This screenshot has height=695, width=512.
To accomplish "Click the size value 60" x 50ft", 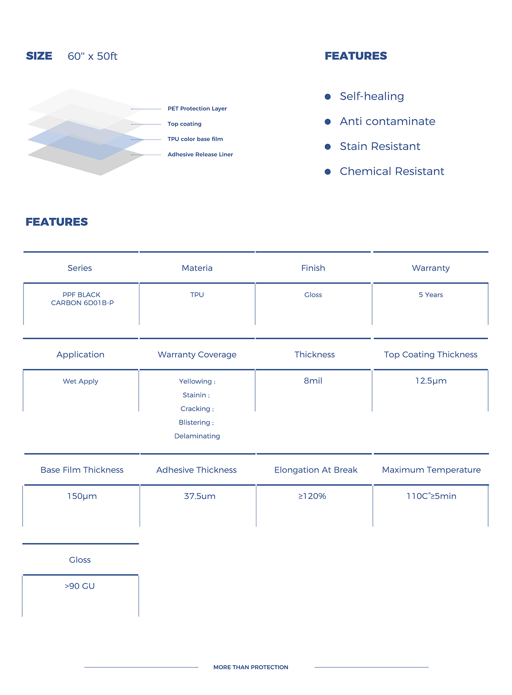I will tap(92, 56).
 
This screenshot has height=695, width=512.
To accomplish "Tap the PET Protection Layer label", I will tap(197, 109).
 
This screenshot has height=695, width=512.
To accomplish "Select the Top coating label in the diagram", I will tap(184, 124).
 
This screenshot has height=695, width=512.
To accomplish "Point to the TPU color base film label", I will tap(195, 139).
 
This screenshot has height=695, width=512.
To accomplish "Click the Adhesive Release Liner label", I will tap(200, 154).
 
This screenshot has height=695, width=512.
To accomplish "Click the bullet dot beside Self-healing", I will tap(328, 97).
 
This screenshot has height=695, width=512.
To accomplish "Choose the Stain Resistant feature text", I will tap(380, 146).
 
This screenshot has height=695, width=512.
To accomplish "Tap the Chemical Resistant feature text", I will tap(392, 171).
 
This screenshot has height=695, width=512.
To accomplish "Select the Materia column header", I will tap(197, 268).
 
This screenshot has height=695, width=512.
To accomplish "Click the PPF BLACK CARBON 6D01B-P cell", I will tap(82, 299).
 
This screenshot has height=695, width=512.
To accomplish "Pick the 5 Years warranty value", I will tap(431, 295).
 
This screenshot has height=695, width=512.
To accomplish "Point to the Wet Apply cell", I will tap(80, 381).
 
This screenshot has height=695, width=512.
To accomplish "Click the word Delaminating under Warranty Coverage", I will tap(197, 436).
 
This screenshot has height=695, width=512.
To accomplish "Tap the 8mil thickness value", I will tap(313, 381).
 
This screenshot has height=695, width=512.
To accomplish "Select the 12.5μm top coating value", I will tap(431, 381).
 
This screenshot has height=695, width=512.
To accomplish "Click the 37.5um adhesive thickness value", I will tap(200, 496).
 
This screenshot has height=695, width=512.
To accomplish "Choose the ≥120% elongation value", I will tap(312, 496).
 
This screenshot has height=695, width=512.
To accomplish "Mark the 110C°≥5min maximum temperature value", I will tap(431, 496).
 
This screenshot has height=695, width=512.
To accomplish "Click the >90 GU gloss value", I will tap(80, 586).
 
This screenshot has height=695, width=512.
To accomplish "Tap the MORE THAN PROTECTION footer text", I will tap(251, 667).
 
